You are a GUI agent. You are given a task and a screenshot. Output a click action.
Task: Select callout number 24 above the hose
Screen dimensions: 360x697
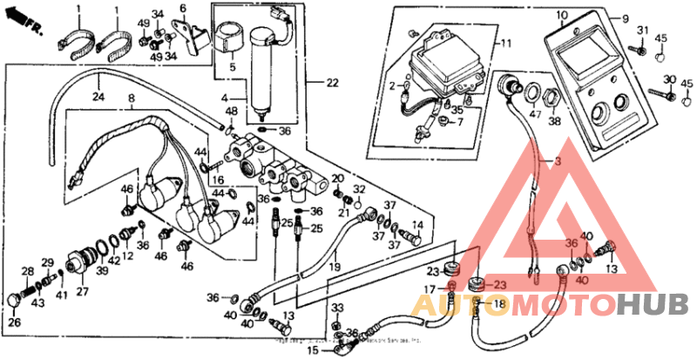tap(98, 98)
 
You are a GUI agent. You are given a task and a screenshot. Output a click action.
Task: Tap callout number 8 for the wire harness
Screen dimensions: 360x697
tap(132, 98)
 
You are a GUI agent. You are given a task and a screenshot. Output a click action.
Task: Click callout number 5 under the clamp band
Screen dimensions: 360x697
tap(232, 66)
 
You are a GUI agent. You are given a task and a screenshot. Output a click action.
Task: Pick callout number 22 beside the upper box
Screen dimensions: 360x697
tap(332, 83)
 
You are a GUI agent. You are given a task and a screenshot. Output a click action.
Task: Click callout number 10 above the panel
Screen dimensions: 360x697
tap(561, 15)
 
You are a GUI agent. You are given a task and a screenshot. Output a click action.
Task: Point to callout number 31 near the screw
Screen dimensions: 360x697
tap(644, 31)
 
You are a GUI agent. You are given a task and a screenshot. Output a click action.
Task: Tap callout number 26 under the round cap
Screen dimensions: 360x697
tap(12, 322)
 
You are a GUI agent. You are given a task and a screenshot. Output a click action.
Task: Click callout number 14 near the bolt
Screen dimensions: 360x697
tap(416, 224)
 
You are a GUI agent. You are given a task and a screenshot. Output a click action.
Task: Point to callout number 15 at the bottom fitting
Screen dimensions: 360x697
tap(312, 350)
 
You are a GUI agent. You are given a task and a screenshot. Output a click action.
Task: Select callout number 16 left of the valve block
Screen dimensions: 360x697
tap(218, 180)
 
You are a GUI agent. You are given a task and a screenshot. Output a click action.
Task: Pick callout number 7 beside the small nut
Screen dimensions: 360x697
tap(460, 121)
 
